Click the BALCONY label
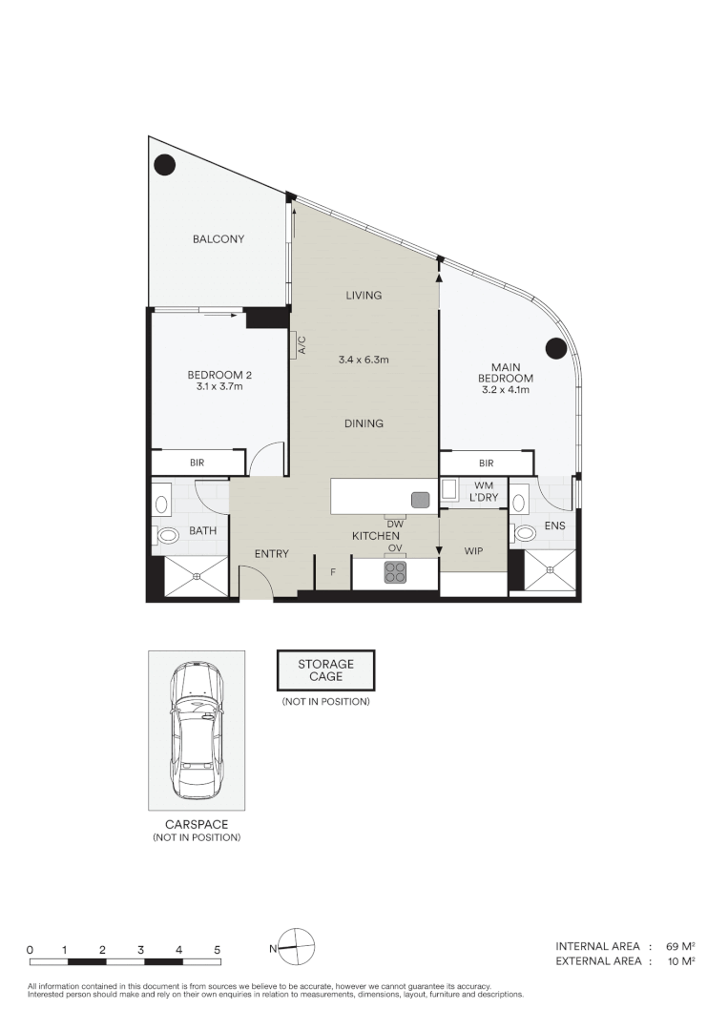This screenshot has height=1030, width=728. [218, 239]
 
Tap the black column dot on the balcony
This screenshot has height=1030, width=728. [166, 165]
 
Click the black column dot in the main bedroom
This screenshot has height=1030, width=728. [555, 349]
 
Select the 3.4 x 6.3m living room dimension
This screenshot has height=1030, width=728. [364, 360]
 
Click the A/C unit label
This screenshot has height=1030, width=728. [302, 344]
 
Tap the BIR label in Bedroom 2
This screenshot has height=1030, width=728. [198, 463]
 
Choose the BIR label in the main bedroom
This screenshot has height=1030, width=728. [486, 463]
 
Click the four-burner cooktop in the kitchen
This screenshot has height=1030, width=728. [395, 572]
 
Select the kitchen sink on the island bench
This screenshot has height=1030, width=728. [420, 499]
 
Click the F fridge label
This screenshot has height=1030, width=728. [333, 573]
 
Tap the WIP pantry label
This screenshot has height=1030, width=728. [473, 552]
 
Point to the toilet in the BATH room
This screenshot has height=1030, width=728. [167, 536]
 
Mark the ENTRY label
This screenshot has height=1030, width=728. [271, 554]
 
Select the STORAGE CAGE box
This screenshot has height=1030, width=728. [325, 670]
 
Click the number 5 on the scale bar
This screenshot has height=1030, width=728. [218, 950]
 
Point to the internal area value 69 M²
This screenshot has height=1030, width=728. [678, 946]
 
